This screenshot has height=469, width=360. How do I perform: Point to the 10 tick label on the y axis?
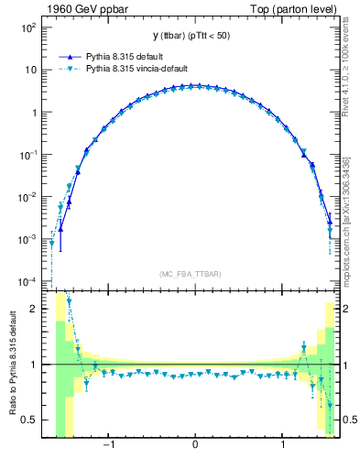point(31,71)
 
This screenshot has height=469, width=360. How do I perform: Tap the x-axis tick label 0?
point(195,446)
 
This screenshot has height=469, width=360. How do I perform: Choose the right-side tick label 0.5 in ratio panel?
point(348,420)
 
